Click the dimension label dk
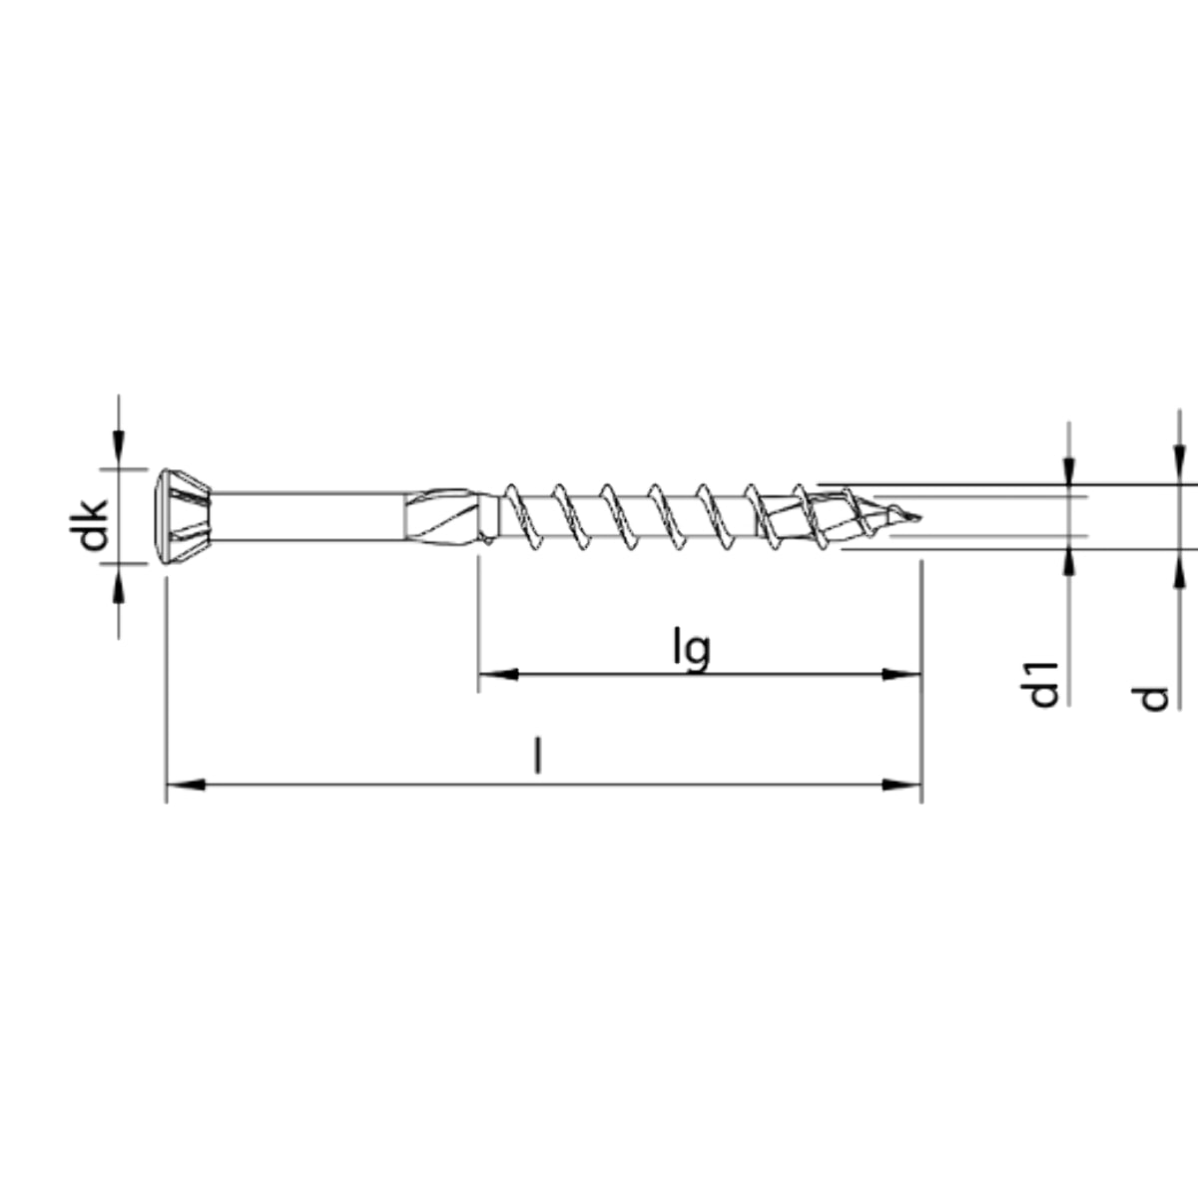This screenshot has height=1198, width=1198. click(93, 524)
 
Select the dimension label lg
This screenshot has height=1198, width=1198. click(691, 649)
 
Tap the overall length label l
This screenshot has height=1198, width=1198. click(538, 756)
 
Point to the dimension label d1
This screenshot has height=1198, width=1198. click(1043, 683)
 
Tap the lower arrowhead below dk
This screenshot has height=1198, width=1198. click(119, 584)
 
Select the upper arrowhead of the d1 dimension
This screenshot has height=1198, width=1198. click(1069, 472)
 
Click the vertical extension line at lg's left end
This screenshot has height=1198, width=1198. click(478, 619)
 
